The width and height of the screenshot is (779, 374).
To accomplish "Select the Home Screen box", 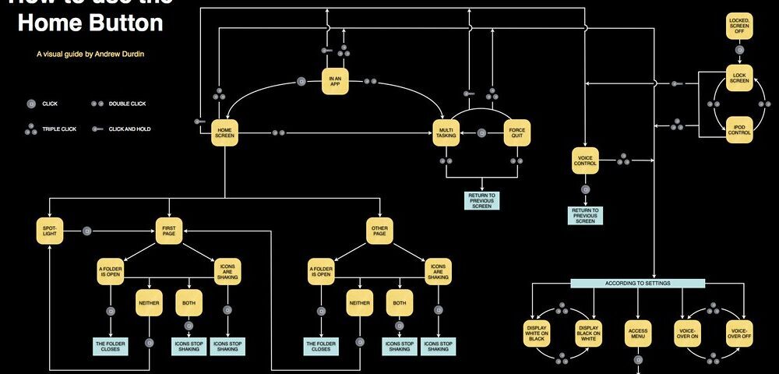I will pyautogui.click(x=224, y=133).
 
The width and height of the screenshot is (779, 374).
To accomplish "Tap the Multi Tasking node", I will pyautogui.click(x=446, y=133).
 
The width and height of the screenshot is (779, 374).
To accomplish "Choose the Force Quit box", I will pyautogui.click(x=516, y=133).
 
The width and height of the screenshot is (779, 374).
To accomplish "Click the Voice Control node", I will pyautogui.click(x=585, y=161).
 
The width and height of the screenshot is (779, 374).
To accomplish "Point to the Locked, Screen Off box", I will pyautogui.click(x=738, y=24).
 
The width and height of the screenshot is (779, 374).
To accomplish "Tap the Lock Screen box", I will pyautogui.click(x=738, y=78).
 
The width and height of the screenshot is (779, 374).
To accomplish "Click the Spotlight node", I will pyautogui.click(x=49, y=231).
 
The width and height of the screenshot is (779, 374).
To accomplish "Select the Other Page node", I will pyautogui.click(x=379, y=231).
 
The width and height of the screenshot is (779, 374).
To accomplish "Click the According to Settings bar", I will pyautogui.click(x=637, y=283).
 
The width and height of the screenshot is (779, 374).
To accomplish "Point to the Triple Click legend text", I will pyautogui.click(x=59, y=129).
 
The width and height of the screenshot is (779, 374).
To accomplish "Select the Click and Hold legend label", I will pyautogui.click(x=129, y=129).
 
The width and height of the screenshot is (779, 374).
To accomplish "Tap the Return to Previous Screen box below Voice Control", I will pyautogui.click(x=585, y=215).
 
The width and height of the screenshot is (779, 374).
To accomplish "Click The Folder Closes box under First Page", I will pyautogui.click(x=110, y=346).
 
